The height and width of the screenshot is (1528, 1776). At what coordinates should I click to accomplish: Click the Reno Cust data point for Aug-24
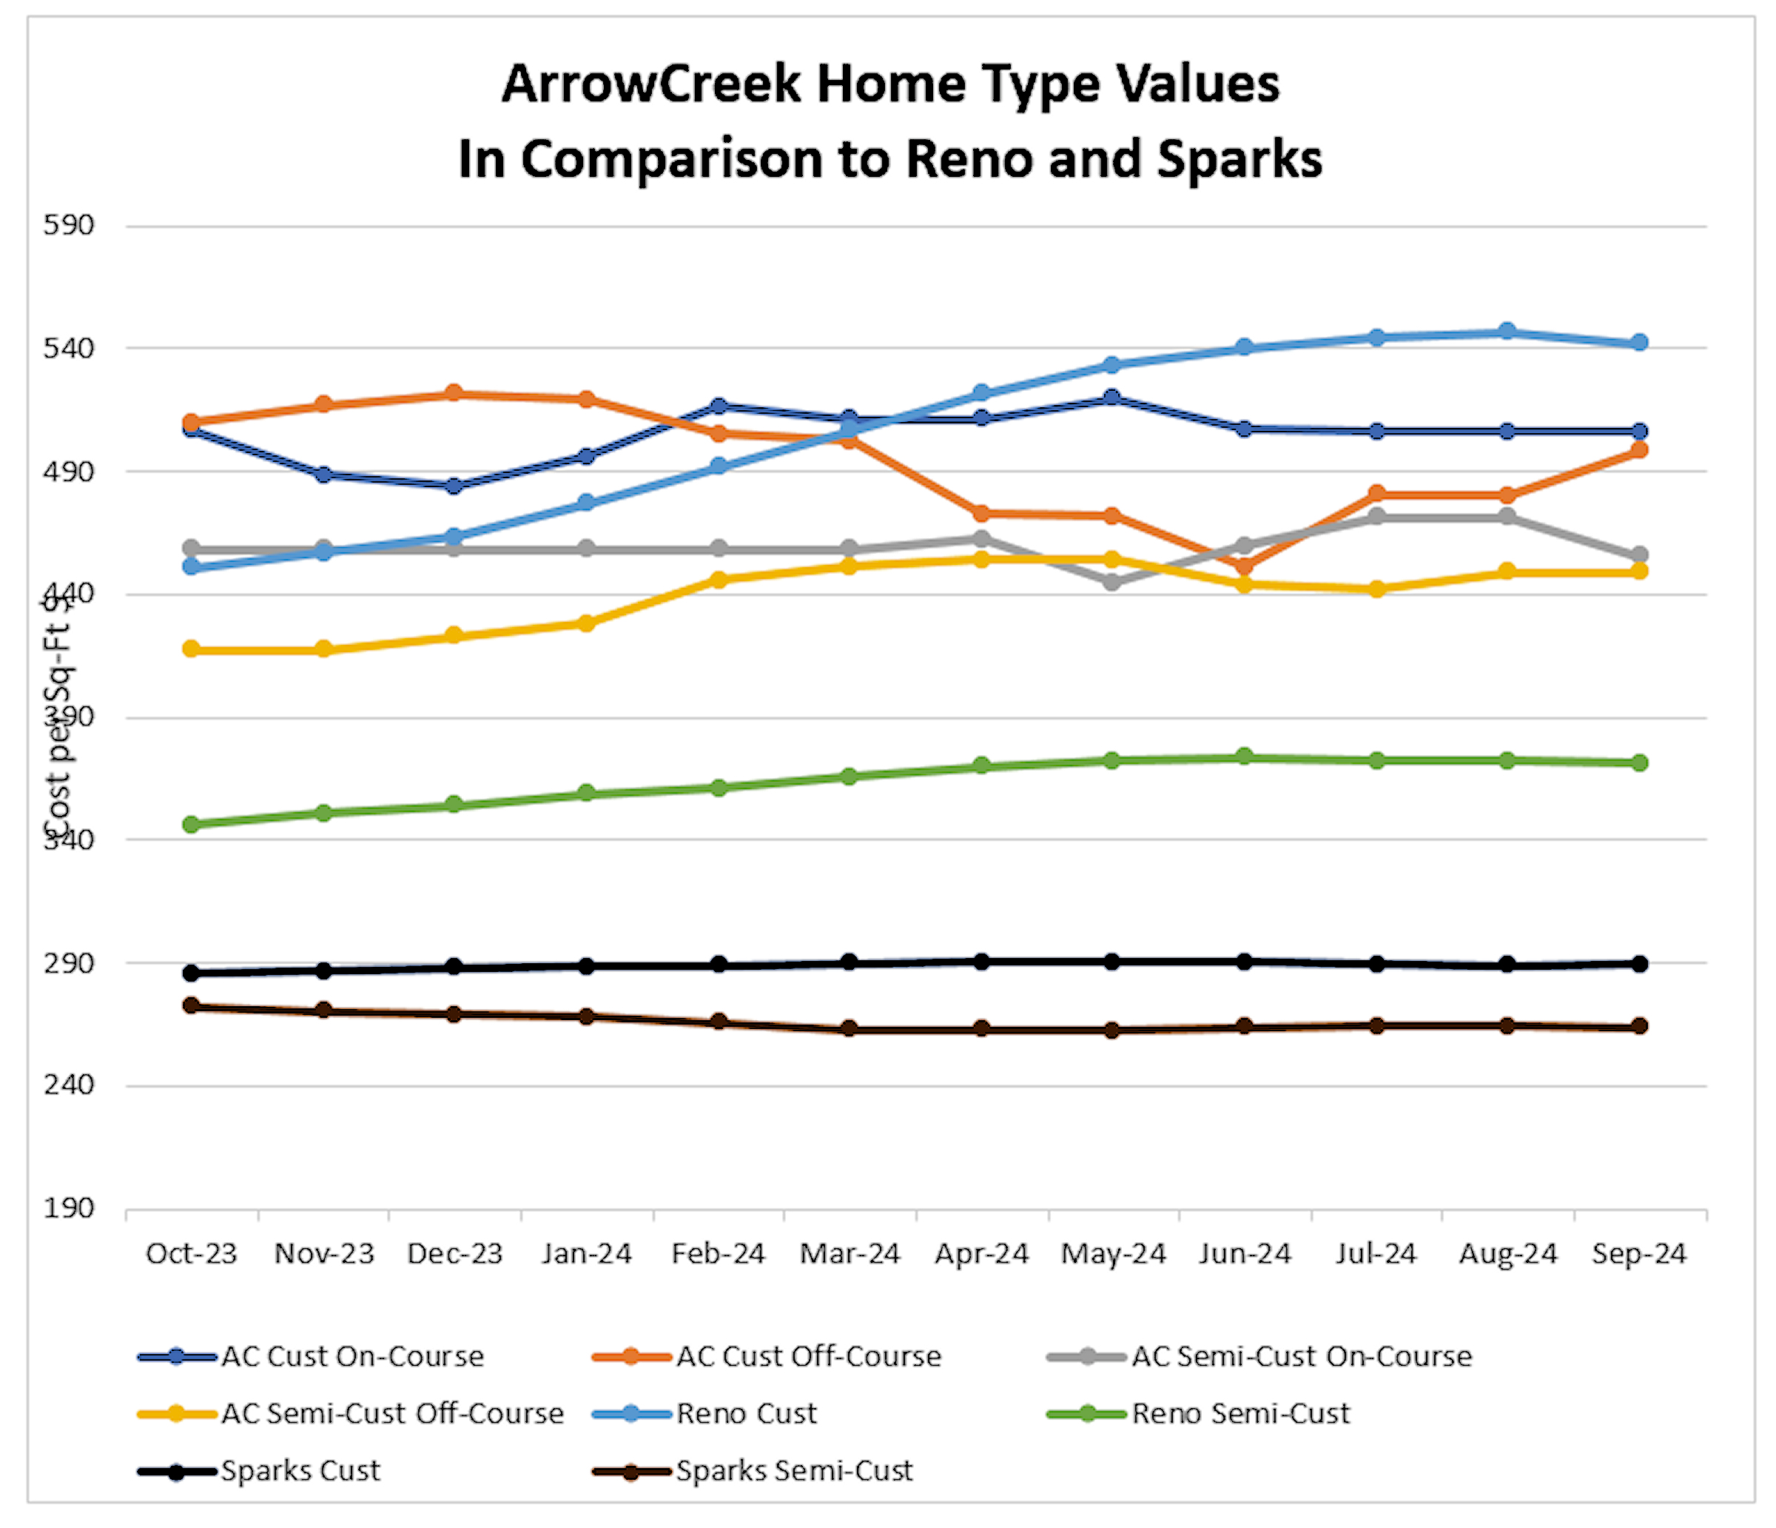(x=1507, y=332)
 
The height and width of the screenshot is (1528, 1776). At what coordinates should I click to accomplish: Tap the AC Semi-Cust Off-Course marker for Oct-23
(x=192, y=649)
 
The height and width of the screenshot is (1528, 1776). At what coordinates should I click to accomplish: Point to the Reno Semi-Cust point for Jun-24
(x=1245, y=757)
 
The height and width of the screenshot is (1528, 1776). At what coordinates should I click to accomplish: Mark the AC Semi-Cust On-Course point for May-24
(x=1112, y=582)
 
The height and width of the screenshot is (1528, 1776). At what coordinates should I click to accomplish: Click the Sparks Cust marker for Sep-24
(x=1639, y=964)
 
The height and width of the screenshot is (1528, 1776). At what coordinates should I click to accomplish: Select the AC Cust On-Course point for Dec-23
(x=454, y=486)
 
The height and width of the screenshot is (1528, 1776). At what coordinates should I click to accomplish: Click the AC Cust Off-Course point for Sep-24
(x=1639, y=450)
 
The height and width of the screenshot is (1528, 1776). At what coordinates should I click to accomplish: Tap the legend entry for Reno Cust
(x=746, y=1414)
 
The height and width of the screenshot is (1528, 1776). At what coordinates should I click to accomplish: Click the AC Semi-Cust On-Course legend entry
(x=1301, y=1356)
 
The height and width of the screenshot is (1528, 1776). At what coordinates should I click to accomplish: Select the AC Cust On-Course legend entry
(x=352, y=1356)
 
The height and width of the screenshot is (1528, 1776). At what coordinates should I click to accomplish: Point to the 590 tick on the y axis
(x=69, y=226)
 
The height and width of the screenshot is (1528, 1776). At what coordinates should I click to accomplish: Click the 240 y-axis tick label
(x=69, y=1085)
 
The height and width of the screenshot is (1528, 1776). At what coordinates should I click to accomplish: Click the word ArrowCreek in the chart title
(x=651, y=84)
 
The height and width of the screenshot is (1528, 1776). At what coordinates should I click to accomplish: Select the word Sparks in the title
(x=1239, y=159)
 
